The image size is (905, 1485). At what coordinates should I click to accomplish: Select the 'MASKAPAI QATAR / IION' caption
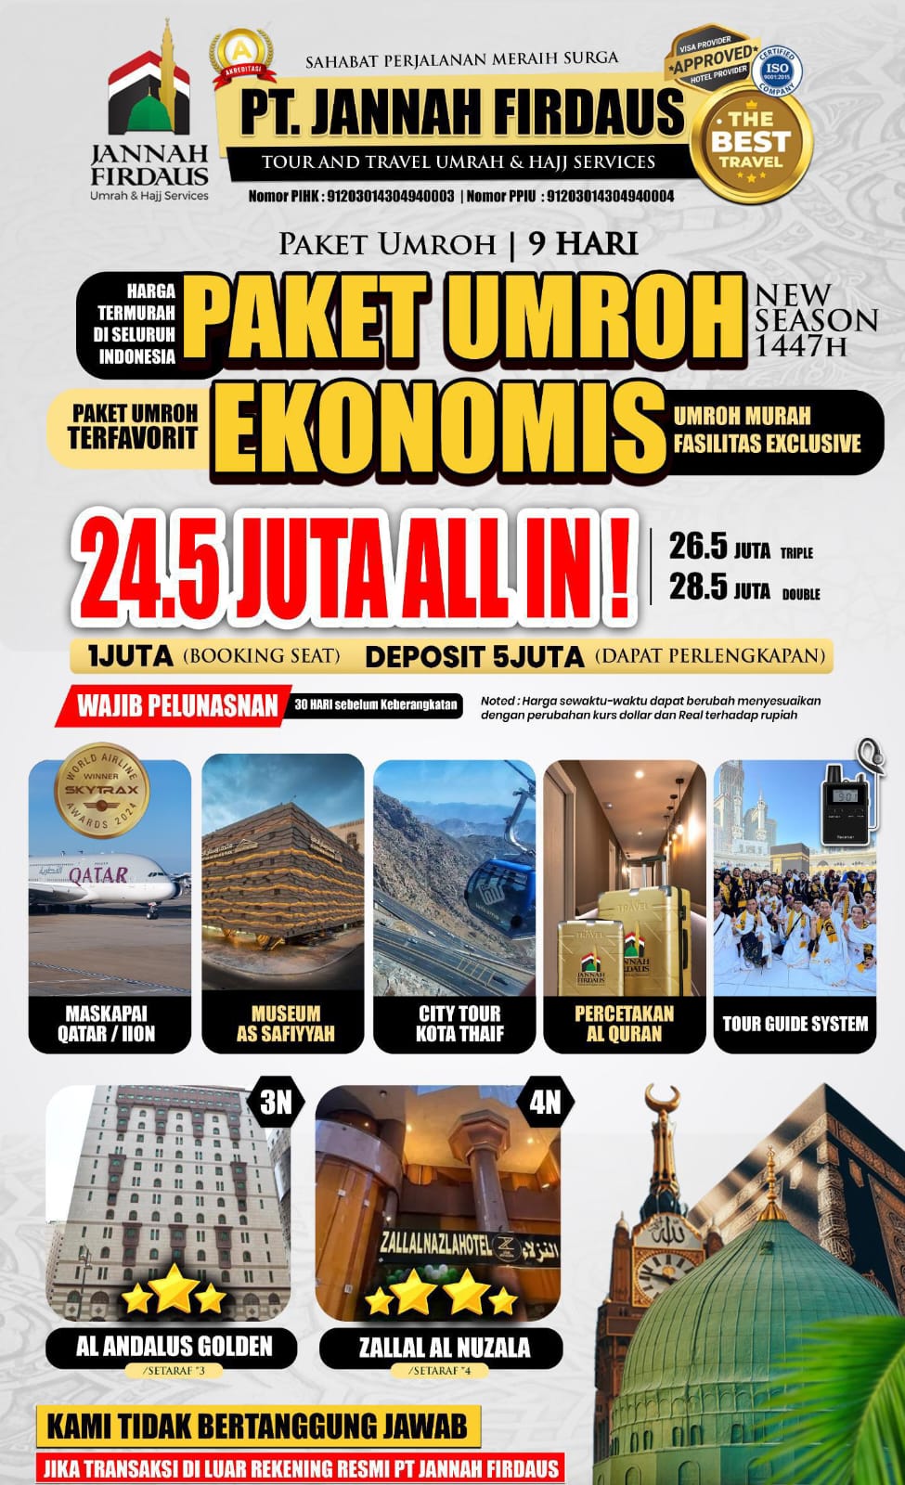(x=110, y=1024)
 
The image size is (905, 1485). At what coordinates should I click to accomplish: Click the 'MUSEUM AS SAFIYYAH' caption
(x=284, y=1024)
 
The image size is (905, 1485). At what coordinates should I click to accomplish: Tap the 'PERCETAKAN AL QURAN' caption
(x=624, y=1024)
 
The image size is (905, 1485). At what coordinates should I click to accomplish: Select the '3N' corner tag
(x=276, y=1102)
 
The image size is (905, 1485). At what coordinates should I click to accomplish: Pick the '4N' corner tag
(x=545, y=1102)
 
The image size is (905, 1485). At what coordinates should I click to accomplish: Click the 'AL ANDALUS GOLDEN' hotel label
(x=175, y=1346)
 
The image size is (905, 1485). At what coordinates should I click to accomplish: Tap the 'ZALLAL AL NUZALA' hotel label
(x=445, y=1347)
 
